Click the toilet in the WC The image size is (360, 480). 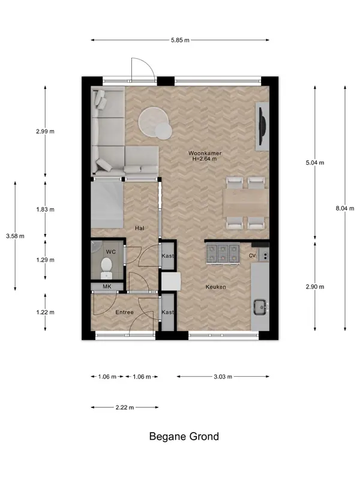click(106, 267)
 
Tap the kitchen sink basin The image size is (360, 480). click(260, 306)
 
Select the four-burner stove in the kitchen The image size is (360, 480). click(223, 253)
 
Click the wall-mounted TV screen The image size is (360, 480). click(262, 126)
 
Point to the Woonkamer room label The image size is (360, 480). click(205, 153)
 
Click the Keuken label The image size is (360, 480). click(216, 287)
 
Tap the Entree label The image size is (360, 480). click(125, 312)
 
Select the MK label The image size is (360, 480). click(107, 287)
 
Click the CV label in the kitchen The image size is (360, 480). click(252, 256)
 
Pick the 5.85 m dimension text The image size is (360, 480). click(180, 40)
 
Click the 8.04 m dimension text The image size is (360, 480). click(345, 208)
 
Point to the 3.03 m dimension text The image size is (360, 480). click(223, 377)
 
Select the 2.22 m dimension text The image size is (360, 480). click(125, 407)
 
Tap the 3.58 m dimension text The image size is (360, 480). click(16, 236)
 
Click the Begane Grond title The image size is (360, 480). click(184, 436)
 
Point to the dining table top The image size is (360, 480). click(246, 203)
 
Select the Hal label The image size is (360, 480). click(140, 228)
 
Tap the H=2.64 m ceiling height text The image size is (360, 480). click(204, 159)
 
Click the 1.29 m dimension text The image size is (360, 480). click(46, 260)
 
